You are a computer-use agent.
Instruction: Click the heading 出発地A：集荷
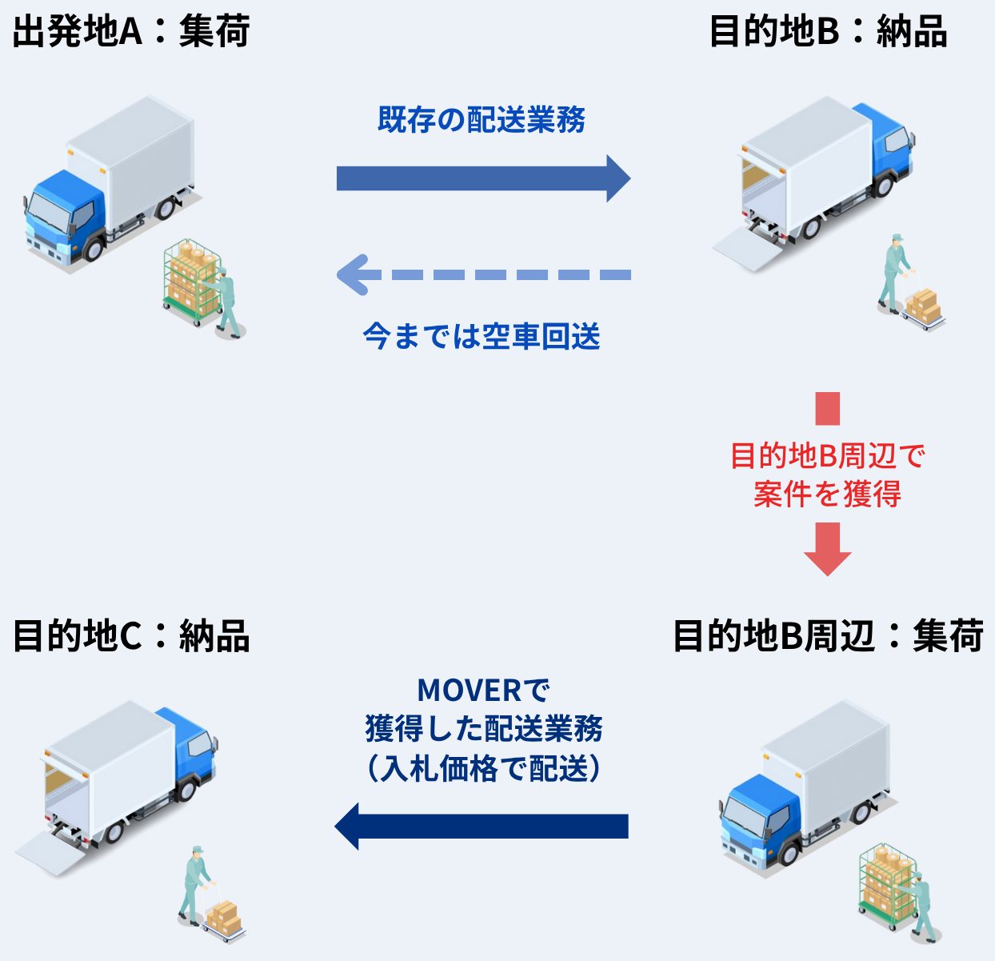131,32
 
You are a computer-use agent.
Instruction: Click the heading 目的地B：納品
828,32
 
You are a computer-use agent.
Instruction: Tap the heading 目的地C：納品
131,636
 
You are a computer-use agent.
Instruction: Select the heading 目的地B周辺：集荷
828,636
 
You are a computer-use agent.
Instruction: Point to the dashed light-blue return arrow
483,274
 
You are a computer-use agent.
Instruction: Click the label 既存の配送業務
482,120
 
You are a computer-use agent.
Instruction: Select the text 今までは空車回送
482,336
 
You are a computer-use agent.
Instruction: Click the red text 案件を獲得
827,494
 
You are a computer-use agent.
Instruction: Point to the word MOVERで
483,690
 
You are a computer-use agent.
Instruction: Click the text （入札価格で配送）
483,769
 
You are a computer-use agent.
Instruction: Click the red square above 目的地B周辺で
827,408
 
